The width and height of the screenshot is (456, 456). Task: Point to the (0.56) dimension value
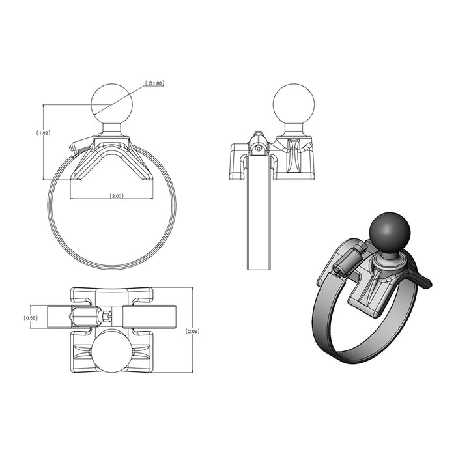point(30,317)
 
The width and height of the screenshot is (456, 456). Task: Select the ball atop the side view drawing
point(293,104)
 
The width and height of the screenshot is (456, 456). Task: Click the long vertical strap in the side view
point(258,215)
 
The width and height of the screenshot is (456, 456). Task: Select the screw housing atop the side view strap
point(259,145)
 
